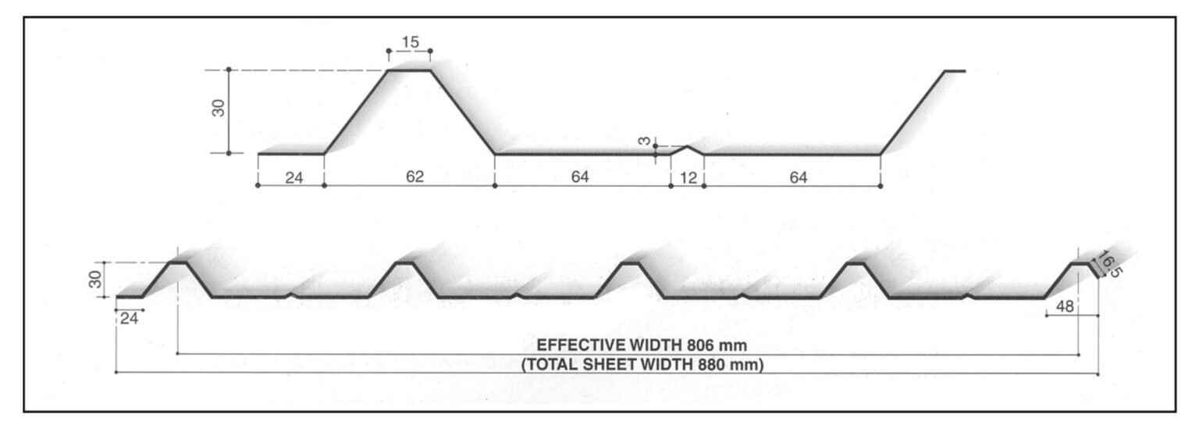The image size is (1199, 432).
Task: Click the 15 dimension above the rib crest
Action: tap(410, 41)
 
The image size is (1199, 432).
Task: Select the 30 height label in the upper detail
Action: tap(219, 108)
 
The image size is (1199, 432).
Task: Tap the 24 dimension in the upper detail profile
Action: tap(294, 177)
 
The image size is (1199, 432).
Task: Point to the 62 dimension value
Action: tap(414, 177)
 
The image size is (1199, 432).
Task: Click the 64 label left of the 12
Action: tap(579, 177)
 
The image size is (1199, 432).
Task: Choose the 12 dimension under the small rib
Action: tap(688, 177)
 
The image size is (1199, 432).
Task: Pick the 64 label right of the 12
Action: tap(798, 177)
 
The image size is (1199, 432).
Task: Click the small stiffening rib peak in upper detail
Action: tap(687, 146)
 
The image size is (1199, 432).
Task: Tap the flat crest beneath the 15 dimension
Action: tap(410, 70)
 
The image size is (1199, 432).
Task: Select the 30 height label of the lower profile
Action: tap(95, 280)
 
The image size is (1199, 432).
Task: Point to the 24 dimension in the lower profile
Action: tap(129, 319)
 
